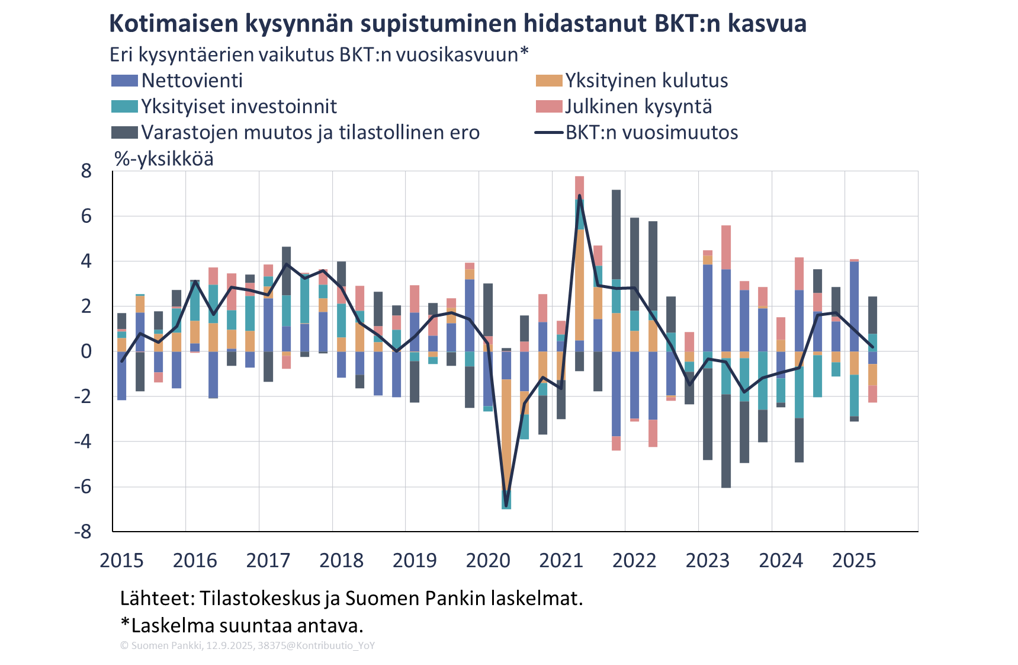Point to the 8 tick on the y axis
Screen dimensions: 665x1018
(x=86, y=171)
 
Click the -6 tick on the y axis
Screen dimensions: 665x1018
(x=83, y=487)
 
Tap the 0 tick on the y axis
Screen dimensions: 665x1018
(x=86, y=351)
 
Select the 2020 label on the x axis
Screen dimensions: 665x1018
(x=488, y=560)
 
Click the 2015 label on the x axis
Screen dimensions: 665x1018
(x=121, y=560)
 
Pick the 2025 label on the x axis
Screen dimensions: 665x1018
(x=854, y=560)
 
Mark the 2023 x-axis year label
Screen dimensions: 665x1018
(x=708, y=560)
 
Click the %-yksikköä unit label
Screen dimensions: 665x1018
(x=164, y=159)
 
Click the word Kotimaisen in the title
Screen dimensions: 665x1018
(x=173, y=24)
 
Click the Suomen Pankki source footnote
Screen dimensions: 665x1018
(x=247, y=645)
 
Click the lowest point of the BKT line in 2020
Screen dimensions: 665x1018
(x=506, y=506)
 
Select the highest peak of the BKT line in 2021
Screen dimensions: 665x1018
(x=579, y=195)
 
